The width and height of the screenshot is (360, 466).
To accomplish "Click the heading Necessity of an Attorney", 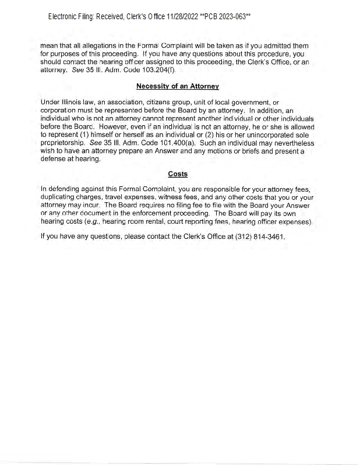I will pos(177,86).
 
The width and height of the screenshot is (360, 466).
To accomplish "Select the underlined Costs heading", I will pos(178,174).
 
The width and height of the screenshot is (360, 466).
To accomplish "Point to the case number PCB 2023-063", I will pos(225,17).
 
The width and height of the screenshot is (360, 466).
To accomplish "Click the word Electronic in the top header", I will pos(66,17).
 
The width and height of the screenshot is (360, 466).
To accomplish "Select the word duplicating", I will pos(60,197).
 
